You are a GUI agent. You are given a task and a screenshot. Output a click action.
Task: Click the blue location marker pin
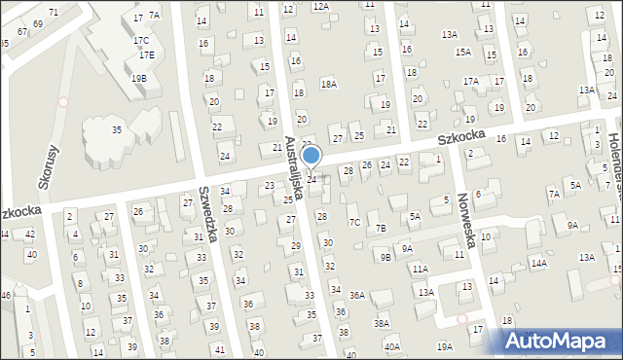(311, 156)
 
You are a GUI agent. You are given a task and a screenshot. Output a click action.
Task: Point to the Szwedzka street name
(206, 214)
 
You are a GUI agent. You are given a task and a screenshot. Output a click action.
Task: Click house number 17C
(141, 41)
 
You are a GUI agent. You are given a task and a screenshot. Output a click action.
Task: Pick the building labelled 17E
(146, 54)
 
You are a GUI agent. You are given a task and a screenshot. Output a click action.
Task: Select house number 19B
(138, 78)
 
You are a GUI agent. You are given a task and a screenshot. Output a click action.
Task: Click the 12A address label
(321, 6)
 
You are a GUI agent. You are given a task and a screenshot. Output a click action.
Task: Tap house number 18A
(329, 85)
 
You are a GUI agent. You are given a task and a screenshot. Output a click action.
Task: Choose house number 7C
(355, 222)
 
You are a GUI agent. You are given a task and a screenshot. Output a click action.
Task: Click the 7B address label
(381, 228)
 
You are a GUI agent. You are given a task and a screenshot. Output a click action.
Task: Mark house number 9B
(385, 257)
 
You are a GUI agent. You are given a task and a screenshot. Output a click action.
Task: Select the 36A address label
(357, 295)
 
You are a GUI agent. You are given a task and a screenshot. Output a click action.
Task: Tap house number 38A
(382, 323)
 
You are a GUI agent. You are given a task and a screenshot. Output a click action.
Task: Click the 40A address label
(391, 346)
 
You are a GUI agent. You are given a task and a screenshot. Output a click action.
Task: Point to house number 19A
(445, 346)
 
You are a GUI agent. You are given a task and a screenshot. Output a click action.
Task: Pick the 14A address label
(539, 263)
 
